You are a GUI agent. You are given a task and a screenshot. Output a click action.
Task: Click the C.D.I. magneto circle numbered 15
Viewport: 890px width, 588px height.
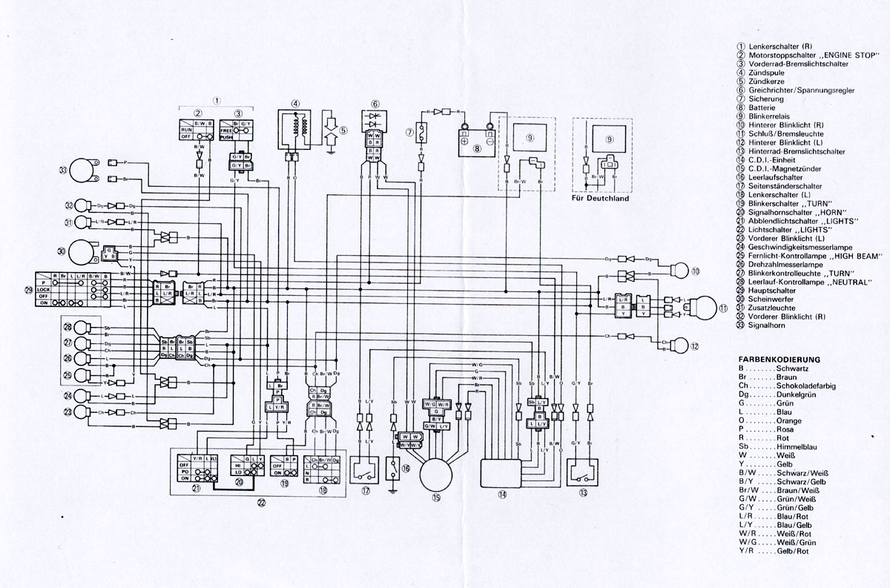(x=438, y=473)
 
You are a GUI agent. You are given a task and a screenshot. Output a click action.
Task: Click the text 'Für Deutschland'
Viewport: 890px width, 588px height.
(x=601, y=199)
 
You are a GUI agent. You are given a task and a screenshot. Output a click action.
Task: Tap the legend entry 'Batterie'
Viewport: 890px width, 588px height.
(x=764, y=107)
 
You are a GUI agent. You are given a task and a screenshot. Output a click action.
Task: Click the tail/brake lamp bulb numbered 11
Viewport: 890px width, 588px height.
(x=702, y=305)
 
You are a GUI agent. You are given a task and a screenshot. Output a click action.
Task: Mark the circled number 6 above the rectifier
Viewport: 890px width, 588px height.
(x=375, y=104)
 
